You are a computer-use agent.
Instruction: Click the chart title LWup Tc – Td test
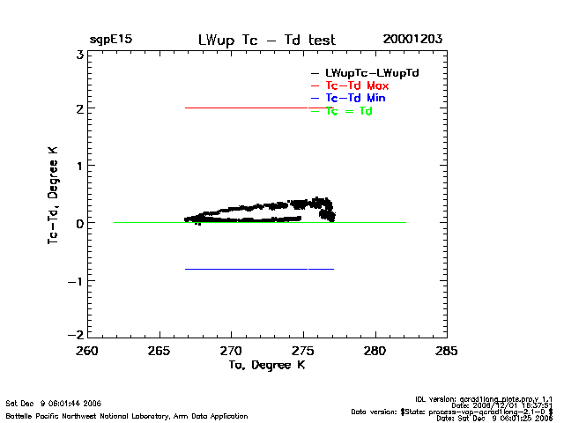[x=266, y=40]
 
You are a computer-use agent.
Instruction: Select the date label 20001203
[x=412, y=40]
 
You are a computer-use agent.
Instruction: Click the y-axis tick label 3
[x=79, y=55]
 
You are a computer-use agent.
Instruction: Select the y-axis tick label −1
[x=76, y=281]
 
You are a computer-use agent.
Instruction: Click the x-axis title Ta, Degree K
[x=266, y=365]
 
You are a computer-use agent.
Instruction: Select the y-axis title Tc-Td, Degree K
[x=54, y=195]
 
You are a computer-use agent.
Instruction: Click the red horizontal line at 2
[x=247, y=108]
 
